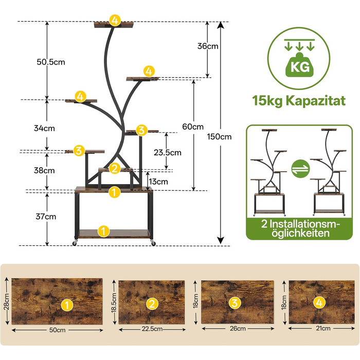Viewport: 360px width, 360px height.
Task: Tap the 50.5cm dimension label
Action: coord(51,62)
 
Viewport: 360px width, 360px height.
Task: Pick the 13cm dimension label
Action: coord(158,182)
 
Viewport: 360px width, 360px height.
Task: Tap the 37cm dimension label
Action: coord(47,217)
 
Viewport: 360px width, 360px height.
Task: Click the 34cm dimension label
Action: coord(46,128)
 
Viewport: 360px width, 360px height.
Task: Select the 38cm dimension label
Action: coord(46,170)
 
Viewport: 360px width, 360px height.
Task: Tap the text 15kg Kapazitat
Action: coord(298,100)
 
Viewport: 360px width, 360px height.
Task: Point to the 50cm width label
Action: coord(57,330)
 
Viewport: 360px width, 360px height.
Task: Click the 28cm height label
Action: coord(6,302)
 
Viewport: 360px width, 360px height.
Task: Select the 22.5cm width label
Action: coord(151,329)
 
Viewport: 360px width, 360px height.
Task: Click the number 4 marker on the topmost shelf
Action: coord(114,21)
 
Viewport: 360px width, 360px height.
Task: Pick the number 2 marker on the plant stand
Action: coord(115,168)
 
